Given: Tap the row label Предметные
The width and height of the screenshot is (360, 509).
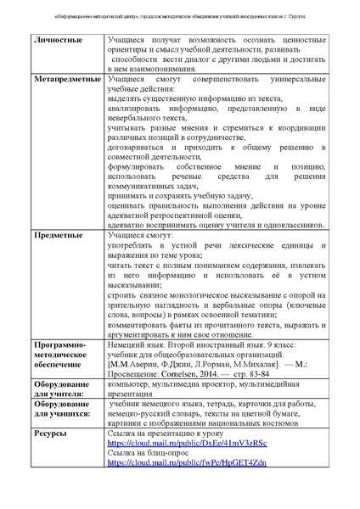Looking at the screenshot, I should tap(59, 234).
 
